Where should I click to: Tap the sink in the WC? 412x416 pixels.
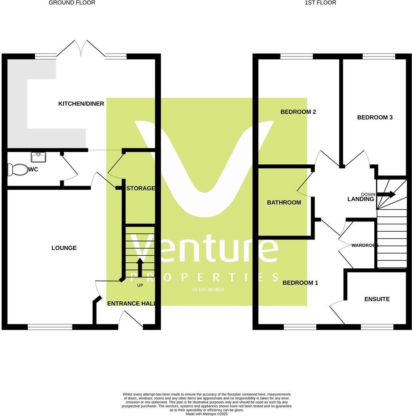point(38,157)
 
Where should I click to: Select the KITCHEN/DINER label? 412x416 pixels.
point(81,104)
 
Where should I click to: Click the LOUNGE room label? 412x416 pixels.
point(64,248)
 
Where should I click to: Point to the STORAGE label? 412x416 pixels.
point(140,188)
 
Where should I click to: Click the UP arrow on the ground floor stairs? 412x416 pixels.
point(140,267)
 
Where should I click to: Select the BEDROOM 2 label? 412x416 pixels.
point(298,112)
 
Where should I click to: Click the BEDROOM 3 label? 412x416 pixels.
point(375,117)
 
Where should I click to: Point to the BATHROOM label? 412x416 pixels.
point(284,202)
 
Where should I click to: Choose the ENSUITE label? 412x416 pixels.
point(377,299)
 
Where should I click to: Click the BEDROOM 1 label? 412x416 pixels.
point(300,283)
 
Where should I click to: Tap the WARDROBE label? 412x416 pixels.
point(362,245)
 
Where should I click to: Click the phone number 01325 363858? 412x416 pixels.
point(208,290)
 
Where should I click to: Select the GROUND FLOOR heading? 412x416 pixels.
point(72,3)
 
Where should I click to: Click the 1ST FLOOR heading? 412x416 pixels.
point(320,3)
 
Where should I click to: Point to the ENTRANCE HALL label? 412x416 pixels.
point(131,304)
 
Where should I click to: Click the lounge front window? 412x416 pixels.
point(50,327)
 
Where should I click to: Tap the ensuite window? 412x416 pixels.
point(377,327)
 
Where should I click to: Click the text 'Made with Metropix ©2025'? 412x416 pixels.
point(206,414)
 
